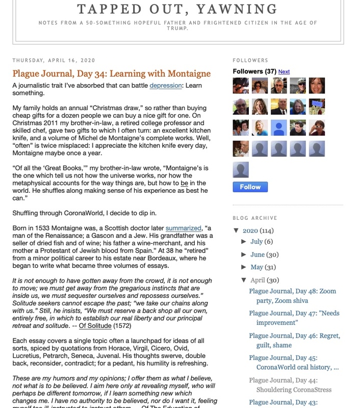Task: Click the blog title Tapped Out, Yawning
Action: coord(177,9)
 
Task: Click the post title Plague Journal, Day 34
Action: coord(111,74)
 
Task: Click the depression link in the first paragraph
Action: coord(166,86)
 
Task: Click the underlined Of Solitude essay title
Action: coord(95,325)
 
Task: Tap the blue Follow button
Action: coord(250,187)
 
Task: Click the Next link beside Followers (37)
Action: coord(284,72)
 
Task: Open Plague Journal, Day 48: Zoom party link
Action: coord(292,296)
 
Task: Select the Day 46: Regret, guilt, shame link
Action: coord(294,340)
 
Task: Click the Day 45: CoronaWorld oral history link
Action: coord(293,362)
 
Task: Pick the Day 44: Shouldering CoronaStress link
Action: coord(290,385)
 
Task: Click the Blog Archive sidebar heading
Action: coord(254,218)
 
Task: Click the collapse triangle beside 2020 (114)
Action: coord(237,230)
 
